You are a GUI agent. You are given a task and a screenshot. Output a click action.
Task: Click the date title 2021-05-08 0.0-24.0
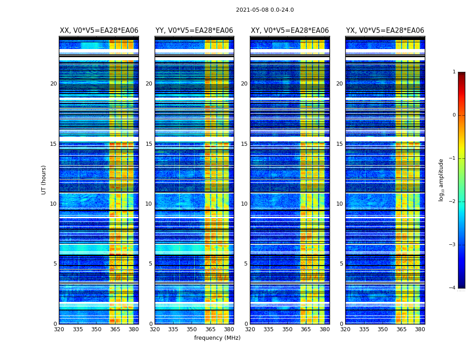tap(265, 10)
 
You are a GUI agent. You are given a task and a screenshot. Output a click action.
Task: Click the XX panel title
tap(99, 31)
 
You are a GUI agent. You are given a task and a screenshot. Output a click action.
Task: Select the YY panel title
tap(194, 31)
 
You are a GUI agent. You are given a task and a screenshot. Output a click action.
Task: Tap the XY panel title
tap(289, 31)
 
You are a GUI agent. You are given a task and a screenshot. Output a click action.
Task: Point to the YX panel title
tap(385, 31)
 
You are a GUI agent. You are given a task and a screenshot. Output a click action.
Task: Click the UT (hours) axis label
tap(44, 180)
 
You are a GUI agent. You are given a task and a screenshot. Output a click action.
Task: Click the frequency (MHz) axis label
tap(217, 338)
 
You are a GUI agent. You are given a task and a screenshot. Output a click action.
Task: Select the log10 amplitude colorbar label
tap(441, 180)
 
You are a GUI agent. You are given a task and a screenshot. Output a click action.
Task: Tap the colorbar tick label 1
tap(454, 72)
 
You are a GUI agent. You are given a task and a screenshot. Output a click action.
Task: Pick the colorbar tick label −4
tap(453, 288)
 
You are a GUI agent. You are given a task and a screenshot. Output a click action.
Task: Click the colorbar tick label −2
tap(453, 202)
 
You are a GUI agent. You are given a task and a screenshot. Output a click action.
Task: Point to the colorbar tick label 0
tap(454, 115)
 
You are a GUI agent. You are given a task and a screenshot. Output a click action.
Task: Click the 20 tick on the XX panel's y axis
tap(53, 84)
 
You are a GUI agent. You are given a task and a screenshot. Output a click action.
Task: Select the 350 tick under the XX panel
tap(96, 329)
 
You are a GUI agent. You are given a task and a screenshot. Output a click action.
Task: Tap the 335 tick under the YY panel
tap(173, 329)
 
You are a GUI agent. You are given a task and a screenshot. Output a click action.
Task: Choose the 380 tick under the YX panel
tap(420, 329)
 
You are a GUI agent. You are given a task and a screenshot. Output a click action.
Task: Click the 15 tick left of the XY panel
tap(244, 144)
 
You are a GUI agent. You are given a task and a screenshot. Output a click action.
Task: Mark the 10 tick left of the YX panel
tap(339, 204)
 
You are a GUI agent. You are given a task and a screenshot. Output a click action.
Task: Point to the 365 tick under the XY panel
tap(306, 329)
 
